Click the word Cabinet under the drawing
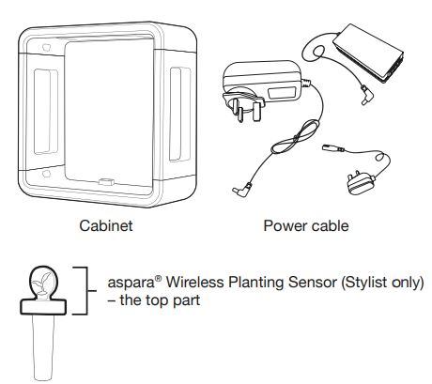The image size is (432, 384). [106, 225]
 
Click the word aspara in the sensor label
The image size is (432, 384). [131, 284]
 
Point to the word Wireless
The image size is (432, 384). [194, 282]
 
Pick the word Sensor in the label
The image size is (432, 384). [312, 282]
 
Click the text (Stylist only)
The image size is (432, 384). [382, 283]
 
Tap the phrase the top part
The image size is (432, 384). [160, 300]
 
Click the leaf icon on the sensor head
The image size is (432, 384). [42, 282]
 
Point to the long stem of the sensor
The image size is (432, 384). [43, 346]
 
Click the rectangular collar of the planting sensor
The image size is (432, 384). [43, 306]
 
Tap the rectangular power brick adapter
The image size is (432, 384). [368, 53]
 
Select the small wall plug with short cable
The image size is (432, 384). [361, 184]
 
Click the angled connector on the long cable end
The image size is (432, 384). [242, 190]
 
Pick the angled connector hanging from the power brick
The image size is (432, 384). [366, 96]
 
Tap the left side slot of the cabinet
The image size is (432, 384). [46, 112]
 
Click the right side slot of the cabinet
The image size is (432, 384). [180, 114]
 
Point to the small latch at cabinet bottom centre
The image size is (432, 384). [105, 181]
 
